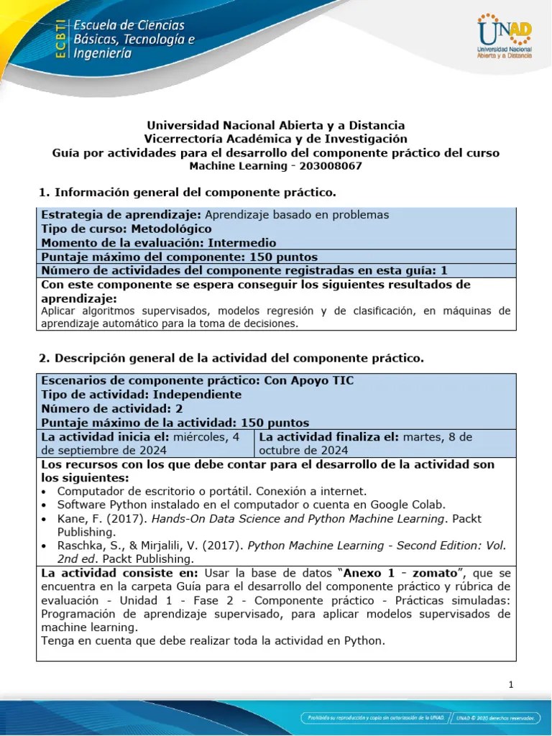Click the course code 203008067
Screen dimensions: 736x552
point(327,166)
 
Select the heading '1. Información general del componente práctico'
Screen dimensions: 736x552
point(186,192)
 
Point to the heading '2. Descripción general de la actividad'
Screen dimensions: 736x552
point(230,357)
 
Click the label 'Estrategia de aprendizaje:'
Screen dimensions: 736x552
point(121,215)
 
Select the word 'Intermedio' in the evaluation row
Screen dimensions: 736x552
point(241,243)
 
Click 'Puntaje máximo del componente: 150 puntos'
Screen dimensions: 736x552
point(179,257)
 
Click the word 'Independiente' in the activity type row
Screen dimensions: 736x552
point(196,395)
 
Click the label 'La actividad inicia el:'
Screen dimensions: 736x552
point(104,436)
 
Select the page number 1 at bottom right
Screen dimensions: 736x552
point(510,684)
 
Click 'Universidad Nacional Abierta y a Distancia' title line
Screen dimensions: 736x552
point(276,125)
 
